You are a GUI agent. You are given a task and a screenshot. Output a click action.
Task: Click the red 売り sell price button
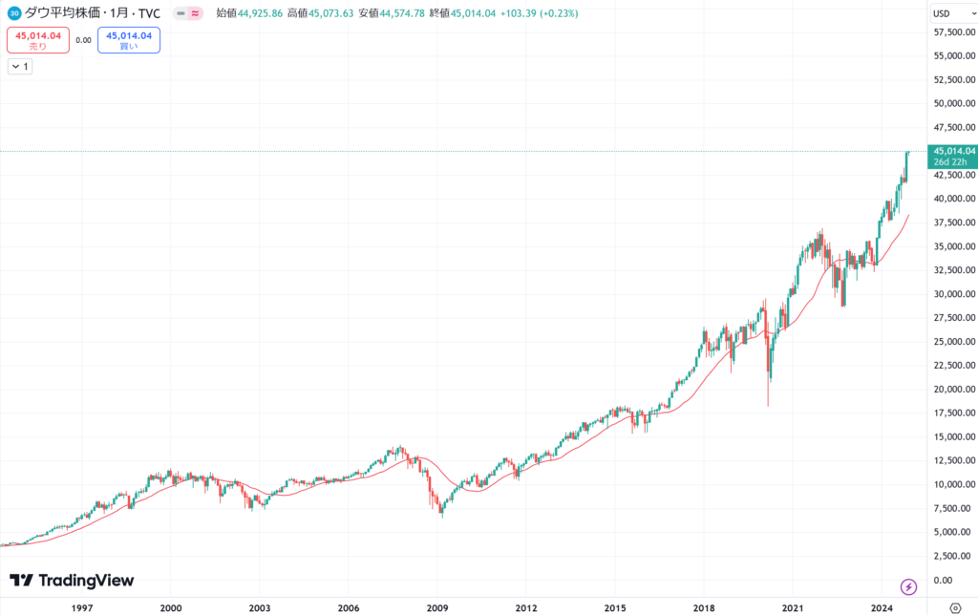[38, 40]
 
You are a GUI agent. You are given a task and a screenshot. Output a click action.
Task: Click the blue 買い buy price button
[128, 40]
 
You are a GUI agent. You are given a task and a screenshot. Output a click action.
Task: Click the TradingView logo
[72, 581]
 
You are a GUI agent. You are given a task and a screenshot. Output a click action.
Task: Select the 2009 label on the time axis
[437, 607]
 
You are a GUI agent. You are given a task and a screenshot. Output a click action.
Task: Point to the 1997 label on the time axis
[82, 607]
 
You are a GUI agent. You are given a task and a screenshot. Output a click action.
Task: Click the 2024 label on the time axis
[882, 607]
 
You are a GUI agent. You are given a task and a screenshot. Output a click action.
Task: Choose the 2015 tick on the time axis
[615, 607]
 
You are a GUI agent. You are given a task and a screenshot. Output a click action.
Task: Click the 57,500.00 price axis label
[954, 32]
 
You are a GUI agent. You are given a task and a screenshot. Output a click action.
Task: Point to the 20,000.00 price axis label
[954, 389]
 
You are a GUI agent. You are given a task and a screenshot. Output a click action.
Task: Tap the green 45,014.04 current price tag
[954, 151]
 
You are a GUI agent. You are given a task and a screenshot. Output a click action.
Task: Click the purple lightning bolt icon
[908, 585]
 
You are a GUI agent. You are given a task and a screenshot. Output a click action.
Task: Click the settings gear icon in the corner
[954, 607]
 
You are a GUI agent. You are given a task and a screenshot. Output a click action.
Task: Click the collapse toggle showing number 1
[20, 67]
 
